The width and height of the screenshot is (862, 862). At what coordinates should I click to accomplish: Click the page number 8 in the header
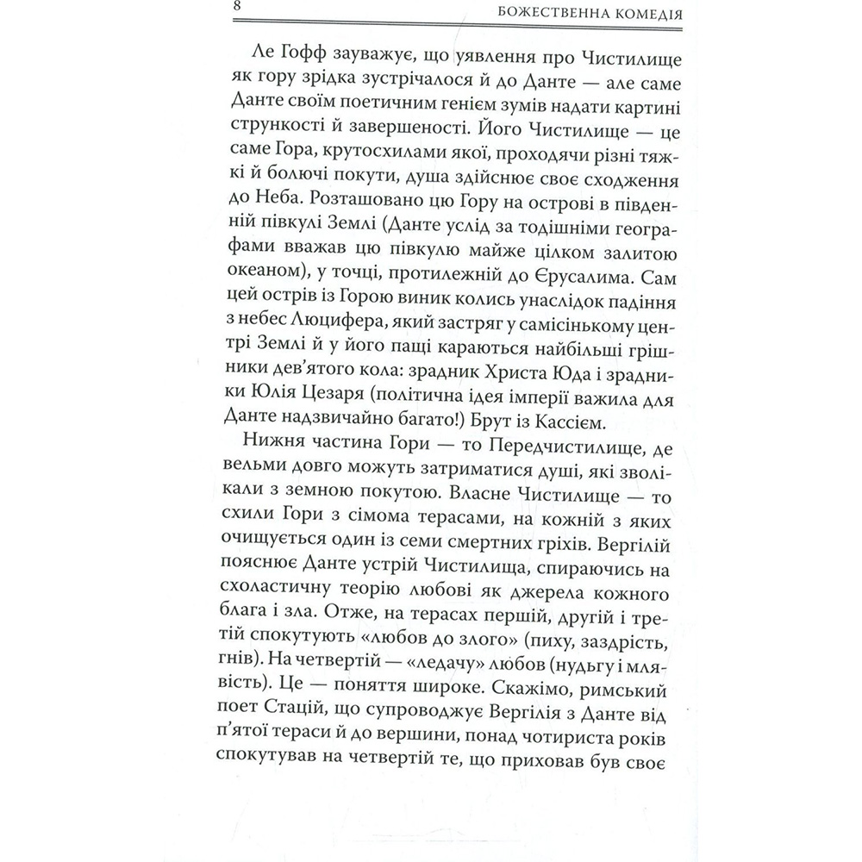pyautogui.click(x=236, y=9)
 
